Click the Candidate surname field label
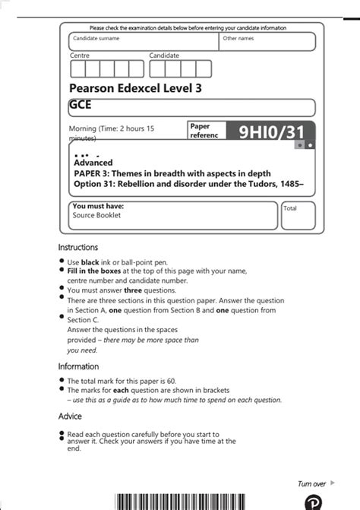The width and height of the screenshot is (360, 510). tap(96, 38)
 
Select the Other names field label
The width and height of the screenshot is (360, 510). tap(238, 38)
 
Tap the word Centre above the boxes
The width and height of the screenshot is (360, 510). tap(80, 55)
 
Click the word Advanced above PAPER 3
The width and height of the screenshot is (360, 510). tap(93, 163)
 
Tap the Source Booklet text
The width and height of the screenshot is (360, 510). tap(96, 215)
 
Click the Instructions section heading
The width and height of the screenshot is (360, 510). tap(78, 247)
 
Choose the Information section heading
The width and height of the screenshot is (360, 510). tap(80, 366)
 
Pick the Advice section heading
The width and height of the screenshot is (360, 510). tap(70, 416)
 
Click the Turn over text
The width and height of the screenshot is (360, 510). tap(311, 483)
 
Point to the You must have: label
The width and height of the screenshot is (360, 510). tap(98, 206)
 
